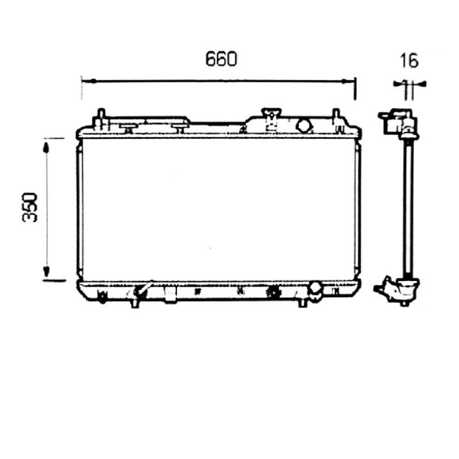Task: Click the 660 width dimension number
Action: point(220,59)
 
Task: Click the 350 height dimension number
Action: point(29,207)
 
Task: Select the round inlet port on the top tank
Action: point(304,125)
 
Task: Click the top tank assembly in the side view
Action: point(398,123)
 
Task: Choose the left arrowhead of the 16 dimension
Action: point(397,84)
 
